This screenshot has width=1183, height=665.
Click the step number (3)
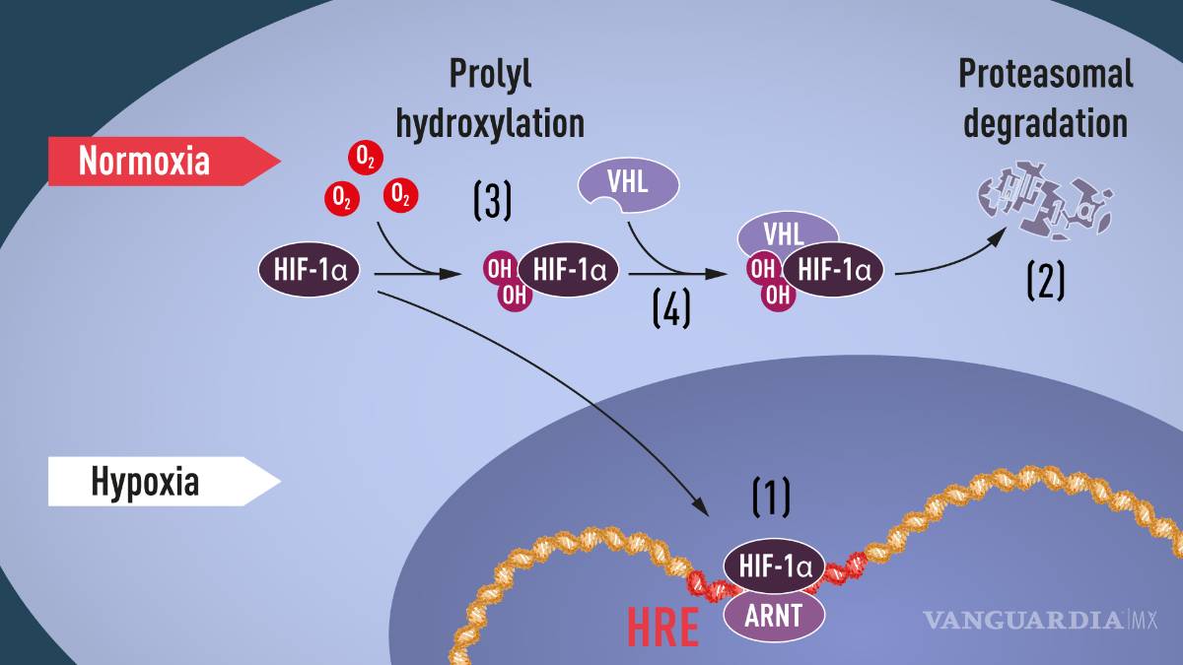click(x=492, y=201)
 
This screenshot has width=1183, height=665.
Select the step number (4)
click(x=671, y=308)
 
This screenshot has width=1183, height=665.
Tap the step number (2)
click(x=1045, y=282)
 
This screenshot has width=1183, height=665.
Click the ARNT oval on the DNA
click(x=775, y=617)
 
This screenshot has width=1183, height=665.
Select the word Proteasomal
click(x=1045, y=74)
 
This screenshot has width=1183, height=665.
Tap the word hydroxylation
click(x=490, y=124)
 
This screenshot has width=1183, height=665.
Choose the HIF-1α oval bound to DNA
click(x=774, y=566)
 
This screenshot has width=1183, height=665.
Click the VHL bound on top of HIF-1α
click(x=787, y=234)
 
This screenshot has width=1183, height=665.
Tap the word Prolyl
click(x=490, y=74)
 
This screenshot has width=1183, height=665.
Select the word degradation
click(x=1045, y=124)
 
